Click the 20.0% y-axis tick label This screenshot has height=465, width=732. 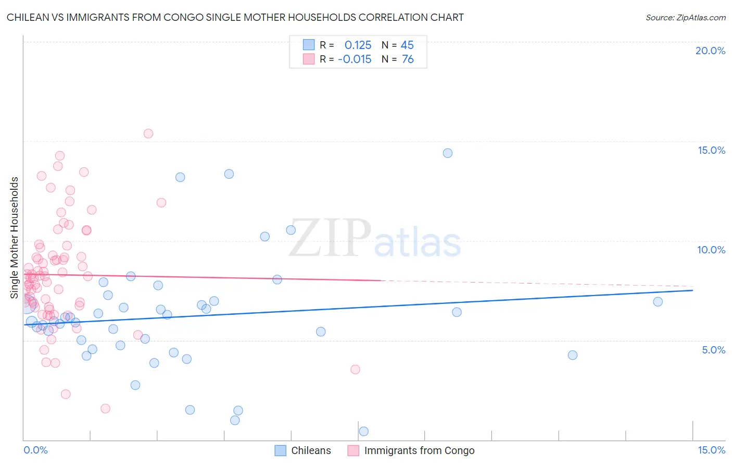[710, 51]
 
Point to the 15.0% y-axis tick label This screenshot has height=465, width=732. [711, 150]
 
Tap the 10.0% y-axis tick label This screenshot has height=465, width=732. [711, 250]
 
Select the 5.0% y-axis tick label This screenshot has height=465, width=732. [713, 350]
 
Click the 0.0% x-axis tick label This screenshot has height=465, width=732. [35, 450]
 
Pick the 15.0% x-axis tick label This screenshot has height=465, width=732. [711, 450]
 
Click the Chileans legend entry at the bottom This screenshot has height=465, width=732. [311, 450]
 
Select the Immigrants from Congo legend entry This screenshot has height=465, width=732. [419, 450]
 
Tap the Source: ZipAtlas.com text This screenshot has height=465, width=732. [685, 18]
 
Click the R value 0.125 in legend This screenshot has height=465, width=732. [358, 45]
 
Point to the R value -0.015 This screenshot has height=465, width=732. [355, 59]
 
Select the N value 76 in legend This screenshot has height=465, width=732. [408, 59]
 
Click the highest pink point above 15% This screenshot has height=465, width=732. [148, 133]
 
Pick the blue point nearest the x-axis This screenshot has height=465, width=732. [364, 431]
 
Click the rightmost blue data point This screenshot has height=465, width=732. [658, 302]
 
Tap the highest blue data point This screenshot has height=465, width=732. [448, 153]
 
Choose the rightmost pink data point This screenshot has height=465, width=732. [355, 370]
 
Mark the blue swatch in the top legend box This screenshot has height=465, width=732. [309, 45]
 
